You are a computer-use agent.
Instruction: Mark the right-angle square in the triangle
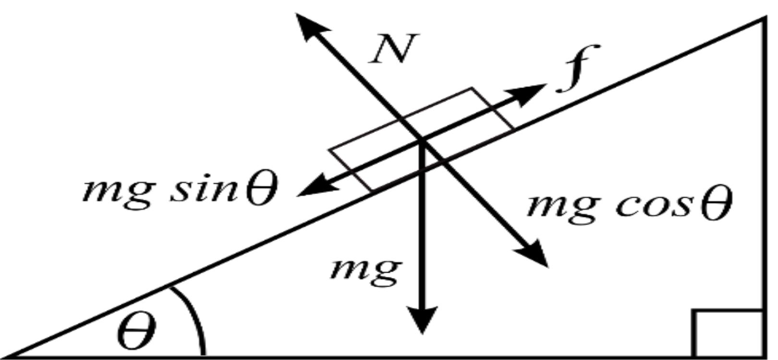(728, 333)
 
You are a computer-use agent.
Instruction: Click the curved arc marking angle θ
(194, 317)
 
